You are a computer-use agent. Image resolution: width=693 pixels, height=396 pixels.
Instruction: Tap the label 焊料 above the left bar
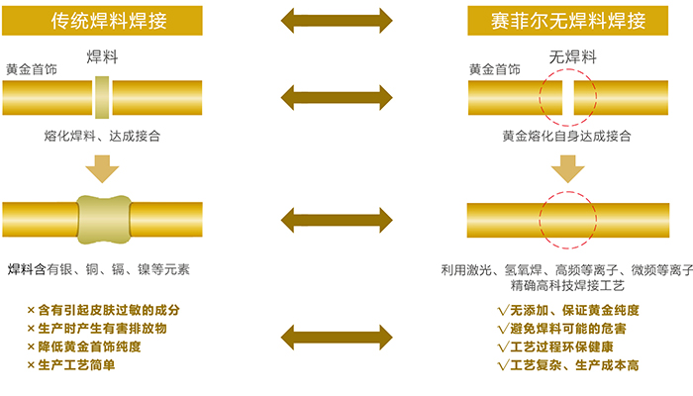(102, 55)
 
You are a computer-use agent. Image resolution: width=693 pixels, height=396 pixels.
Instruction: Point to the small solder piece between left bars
(102, 97)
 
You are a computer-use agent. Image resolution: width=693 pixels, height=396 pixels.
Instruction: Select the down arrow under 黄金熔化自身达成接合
(567, 168)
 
